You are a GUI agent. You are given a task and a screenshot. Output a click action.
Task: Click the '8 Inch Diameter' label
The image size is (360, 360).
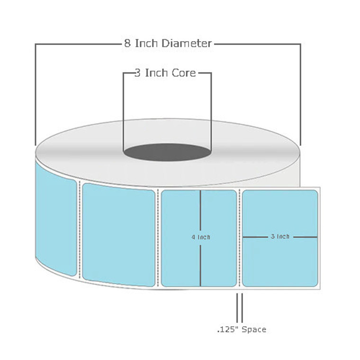168,44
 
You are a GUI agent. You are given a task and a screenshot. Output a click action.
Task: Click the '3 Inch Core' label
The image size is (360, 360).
165,73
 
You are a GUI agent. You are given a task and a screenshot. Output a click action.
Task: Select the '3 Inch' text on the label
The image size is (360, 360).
280,236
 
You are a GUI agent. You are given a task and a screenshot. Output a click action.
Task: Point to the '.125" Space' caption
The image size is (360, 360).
242,329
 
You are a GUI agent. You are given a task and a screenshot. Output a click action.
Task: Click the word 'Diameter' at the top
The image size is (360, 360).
186,44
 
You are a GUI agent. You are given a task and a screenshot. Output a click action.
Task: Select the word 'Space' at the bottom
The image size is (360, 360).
254,329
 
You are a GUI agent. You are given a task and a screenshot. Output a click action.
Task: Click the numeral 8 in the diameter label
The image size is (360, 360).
127,44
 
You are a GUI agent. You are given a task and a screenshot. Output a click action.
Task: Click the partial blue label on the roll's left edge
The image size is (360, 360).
56,218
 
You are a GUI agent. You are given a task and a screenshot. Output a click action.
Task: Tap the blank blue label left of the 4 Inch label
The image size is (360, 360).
118,234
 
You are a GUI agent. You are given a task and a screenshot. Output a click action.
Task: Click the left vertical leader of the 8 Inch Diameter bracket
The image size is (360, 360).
36,95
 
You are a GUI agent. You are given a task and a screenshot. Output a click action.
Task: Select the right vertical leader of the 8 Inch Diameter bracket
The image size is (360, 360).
300,95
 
